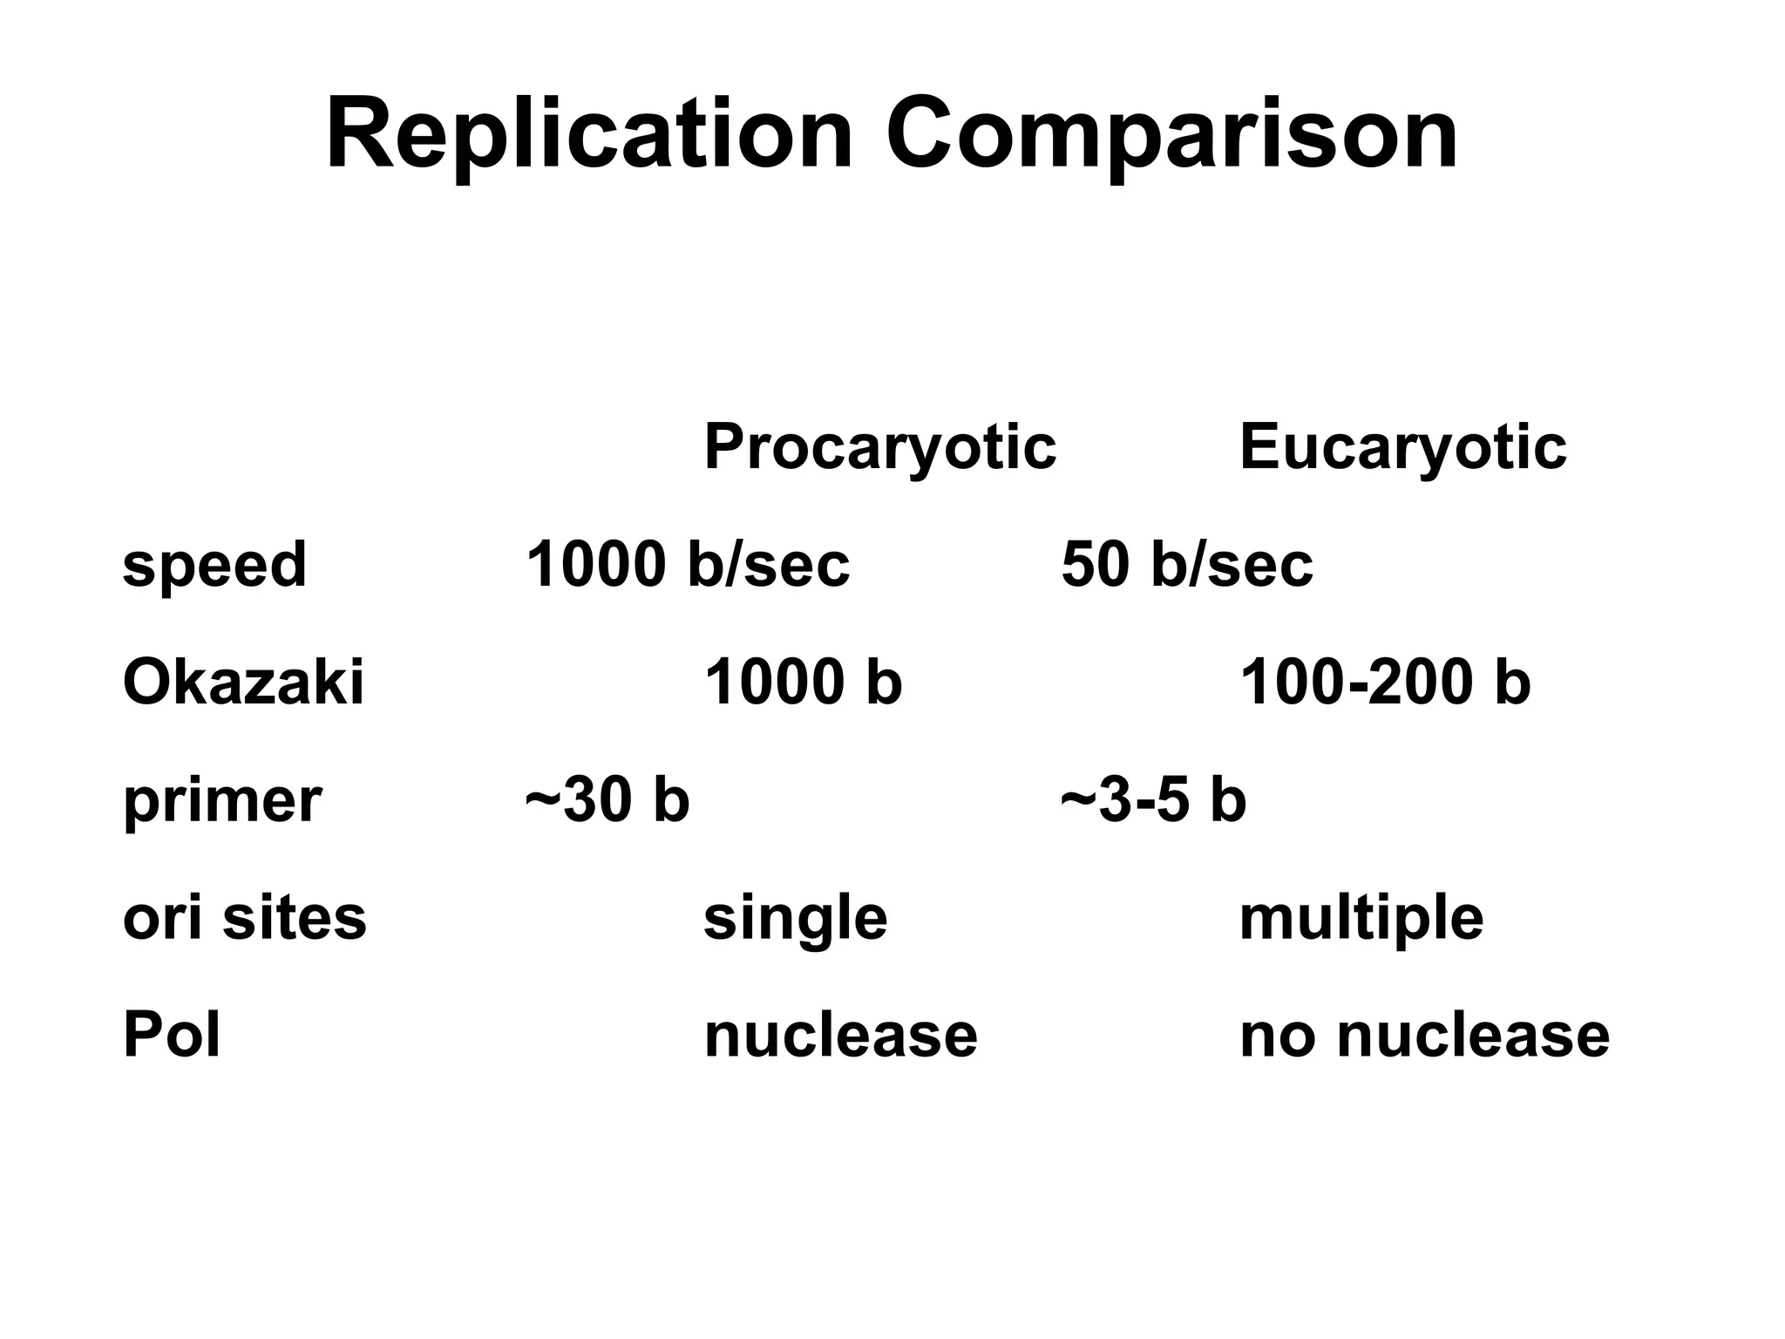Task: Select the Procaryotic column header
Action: coord(879,447)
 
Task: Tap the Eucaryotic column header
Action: coord(1402,447)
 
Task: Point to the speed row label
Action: coord(214,564)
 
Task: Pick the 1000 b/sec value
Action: coord(687,564)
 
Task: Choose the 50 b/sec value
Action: coord(1186,564)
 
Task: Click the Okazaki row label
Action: coord(243,682)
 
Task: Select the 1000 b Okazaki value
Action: coord(803,682)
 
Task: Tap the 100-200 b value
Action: coord(1385,682)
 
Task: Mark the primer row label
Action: coord(222,800)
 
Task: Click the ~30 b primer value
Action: coord(607,800)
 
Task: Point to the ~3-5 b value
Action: coord(1153,800)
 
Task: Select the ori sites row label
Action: coord(245,917)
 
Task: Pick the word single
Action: coord(795,919)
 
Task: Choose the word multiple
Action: coord(1361,919)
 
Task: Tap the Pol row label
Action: coord(172,1035)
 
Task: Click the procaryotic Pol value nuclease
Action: coord(840,1036)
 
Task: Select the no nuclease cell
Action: coord(1424,1036)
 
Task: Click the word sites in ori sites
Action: coord(295,917)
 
